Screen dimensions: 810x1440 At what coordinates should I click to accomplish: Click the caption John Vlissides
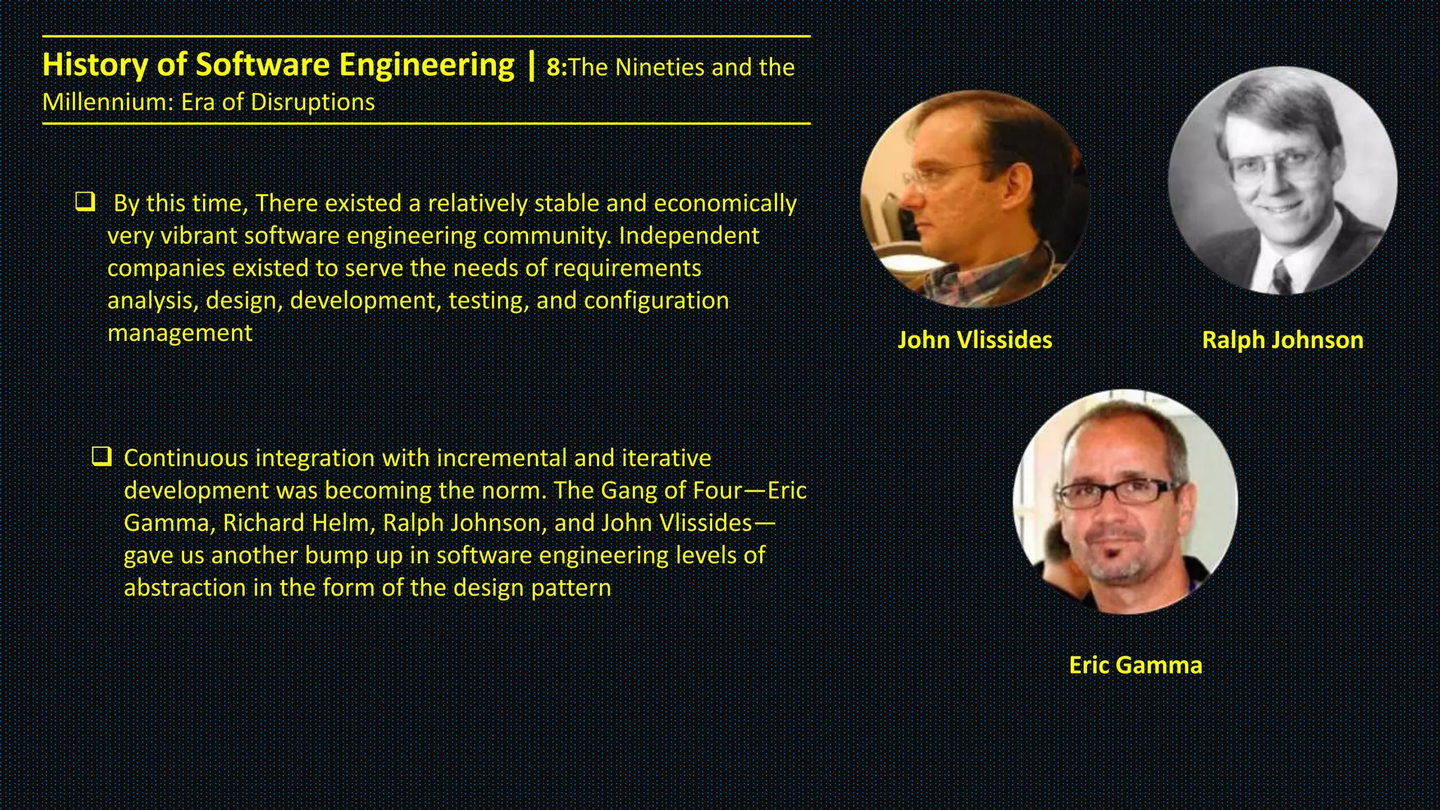coord(975,340)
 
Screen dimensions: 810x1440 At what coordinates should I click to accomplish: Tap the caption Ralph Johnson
coord(1282,340)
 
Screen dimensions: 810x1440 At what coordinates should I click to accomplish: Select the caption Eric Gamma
coord(1136,665)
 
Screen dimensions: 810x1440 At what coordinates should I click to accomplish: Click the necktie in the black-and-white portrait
coord(1282,276)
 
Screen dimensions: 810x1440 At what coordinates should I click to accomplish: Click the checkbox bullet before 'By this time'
coord(85,202)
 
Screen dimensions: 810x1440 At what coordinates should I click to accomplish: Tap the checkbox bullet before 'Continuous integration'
coord(102,457)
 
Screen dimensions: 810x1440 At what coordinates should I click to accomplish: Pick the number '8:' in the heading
coord(556,67)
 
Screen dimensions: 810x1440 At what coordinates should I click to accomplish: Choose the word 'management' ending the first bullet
coord(179,333)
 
